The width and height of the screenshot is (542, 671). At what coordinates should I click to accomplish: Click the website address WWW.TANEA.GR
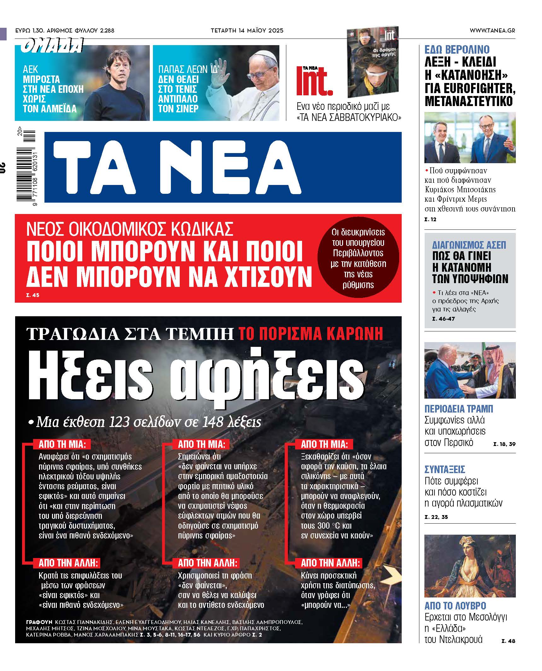pos(492,31)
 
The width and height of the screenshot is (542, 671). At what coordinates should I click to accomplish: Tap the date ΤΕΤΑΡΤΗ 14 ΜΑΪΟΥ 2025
pos(247,31)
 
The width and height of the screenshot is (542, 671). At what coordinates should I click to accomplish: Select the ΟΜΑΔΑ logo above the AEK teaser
pos(52,46)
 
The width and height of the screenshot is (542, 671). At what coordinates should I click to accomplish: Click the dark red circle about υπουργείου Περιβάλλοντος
pos(358,258)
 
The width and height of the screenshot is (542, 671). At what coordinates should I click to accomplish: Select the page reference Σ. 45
pos(32,295)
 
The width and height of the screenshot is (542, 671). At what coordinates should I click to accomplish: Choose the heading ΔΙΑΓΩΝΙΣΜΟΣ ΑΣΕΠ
pos(469,245)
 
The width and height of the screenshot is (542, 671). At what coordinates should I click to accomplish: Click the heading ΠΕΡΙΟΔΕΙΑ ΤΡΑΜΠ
pos(459,409)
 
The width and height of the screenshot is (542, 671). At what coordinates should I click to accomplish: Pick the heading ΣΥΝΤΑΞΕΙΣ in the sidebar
pos(445,469)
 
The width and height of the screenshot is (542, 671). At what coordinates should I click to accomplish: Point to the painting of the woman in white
pos(469,566)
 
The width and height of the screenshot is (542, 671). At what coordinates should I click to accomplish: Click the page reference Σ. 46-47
pos(443,319)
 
